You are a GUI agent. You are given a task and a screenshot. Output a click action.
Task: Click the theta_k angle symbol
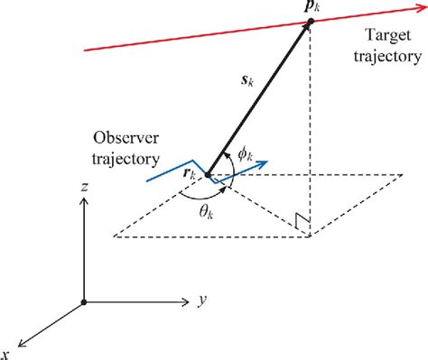coord(209,217)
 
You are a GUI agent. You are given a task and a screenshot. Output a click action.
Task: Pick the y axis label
coord(194,295)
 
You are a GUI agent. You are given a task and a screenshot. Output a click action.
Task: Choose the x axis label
coord(7,352)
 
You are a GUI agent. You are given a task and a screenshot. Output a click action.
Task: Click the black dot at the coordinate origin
coord(84,302)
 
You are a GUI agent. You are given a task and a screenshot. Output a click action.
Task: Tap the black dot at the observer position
coord(209,174)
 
